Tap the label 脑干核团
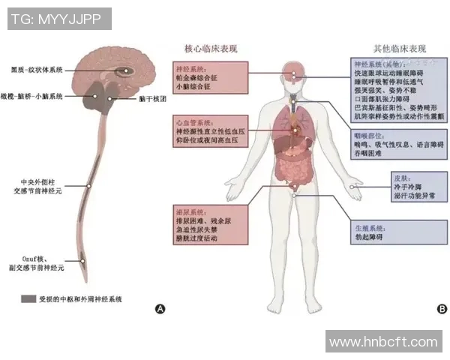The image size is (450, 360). point(152,98)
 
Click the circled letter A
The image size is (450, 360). point(159,308)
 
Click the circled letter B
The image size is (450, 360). point(442,307)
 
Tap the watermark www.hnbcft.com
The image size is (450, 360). point(382,342)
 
